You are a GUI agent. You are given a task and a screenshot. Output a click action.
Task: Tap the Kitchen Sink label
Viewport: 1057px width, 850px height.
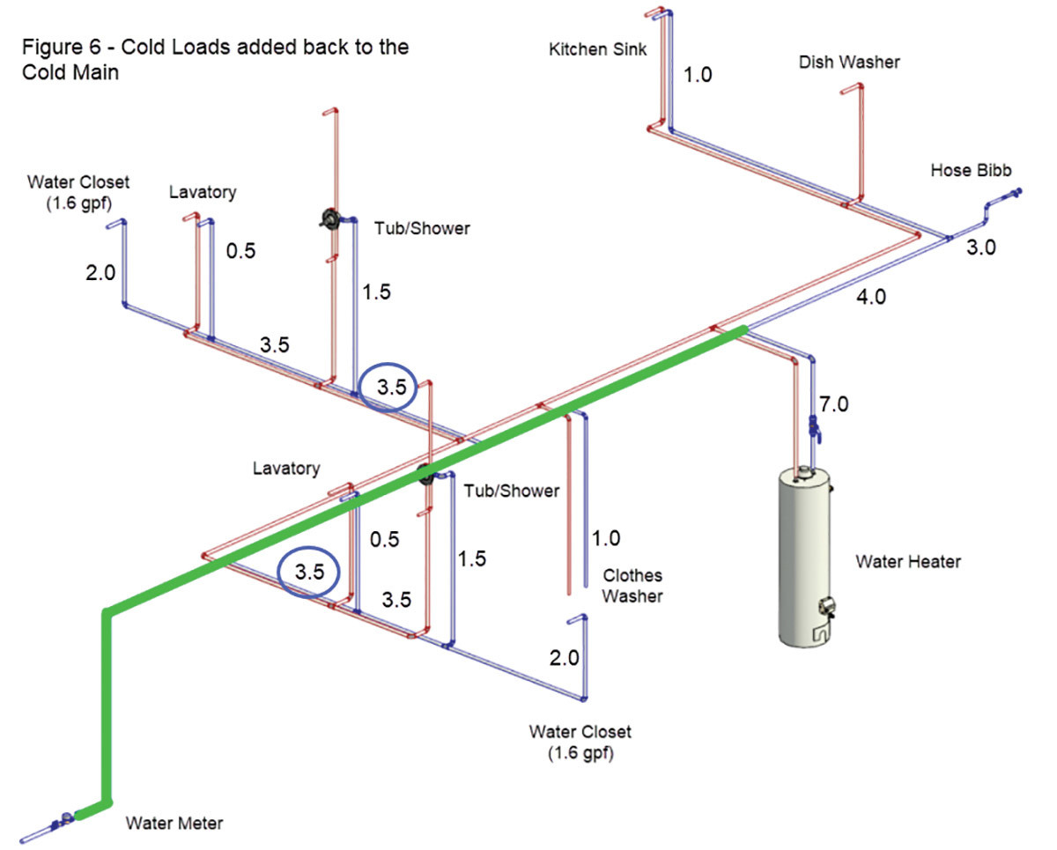[597, 49]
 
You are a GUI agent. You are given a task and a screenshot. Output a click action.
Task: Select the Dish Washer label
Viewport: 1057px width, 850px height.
[849, 62]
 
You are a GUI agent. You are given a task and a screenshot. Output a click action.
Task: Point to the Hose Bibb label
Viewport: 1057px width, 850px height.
[971, 170]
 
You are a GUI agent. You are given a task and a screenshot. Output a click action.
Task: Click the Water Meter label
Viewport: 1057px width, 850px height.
[174, 824]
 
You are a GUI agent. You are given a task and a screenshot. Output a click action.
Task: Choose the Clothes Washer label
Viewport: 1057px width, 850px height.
[632, 586]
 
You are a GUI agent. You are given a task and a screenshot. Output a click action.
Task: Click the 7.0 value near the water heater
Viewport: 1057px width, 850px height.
[833, 406]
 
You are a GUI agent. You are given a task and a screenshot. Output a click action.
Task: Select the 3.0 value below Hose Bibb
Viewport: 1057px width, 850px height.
[980, 248]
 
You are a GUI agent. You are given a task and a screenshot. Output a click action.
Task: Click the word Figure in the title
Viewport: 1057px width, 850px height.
[52, 47]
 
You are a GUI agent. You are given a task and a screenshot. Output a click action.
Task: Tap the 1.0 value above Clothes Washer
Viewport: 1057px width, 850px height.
[606, 537]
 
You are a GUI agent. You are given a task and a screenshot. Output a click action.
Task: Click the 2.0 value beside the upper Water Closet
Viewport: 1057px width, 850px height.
[100, 273]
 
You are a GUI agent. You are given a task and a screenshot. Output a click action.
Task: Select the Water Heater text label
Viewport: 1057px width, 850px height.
[908, 561]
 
